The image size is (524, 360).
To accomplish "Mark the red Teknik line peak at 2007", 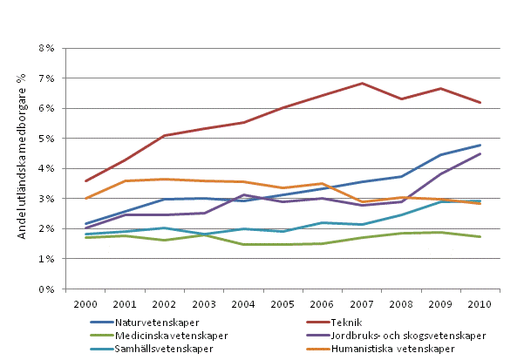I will click(362, 84).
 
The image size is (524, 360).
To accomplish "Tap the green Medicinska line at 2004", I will click(243, 245).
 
